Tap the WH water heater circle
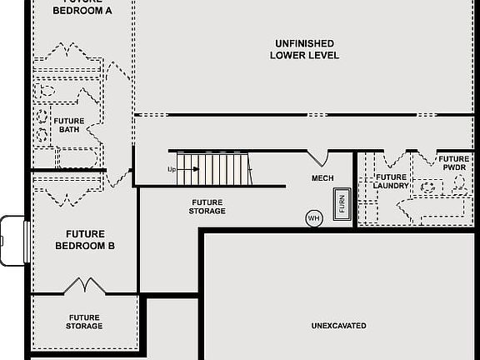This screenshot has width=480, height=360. click(x=313, y=218)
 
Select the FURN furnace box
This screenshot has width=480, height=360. click(x=340, y=204)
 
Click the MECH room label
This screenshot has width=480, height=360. click(x=322, y=178)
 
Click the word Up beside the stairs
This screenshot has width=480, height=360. click(x=172, y=169)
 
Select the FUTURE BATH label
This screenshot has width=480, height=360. click(x=68, y=125)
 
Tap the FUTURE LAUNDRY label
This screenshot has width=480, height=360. click(x=391, y=181)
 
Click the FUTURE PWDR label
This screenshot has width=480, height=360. click(x=454, y=163)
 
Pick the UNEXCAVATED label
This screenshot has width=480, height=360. click(x=338, y=326)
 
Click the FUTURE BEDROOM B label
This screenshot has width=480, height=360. click(x=84, y=240)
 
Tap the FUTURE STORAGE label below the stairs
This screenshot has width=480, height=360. click(x=207, y=207)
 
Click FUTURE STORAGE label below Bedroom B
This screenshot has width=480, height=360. click(x=84, y=322)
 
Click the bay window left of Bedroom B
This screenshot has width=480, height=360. click(x=13, y=240)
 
